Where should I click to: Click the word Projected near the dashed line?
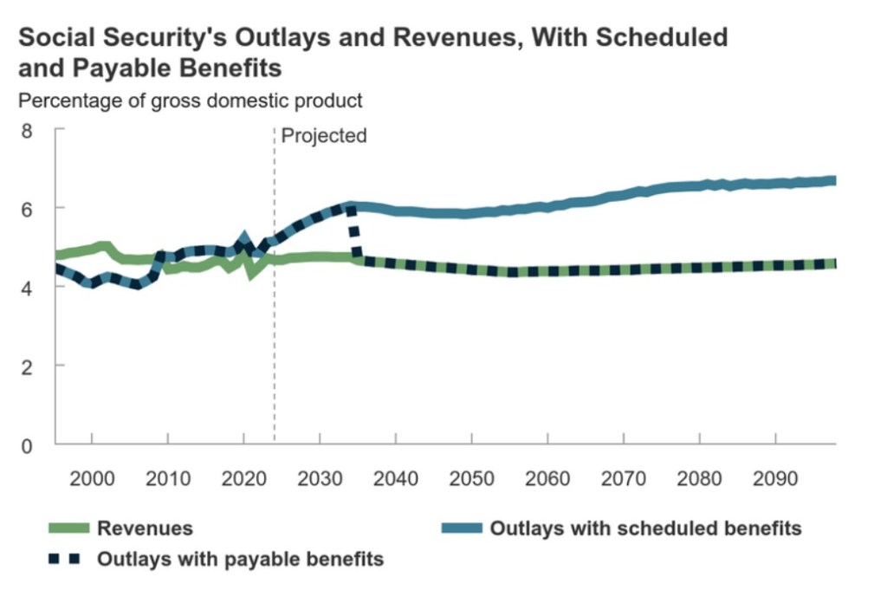(x=324, y=136)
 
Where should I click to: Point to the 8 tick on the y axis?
(x=26, y=132)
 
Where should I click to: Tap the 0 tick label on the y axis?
(x=26, y=446)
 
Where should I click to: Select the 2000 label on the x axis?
(x=92, y=479)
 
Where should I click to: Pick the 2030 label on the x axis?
(x=320, y=479)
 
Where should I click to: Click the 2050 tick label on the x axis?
(x=471, y=479)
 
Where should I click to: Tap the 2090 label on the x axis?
(x=774, y=479)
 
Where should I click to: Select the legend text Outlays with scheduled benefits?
(x=645, y=528)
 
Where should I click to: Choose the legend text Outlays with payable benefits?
(x=240, y=559)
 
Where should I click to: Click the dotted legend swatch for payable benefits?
(x=63, y=559)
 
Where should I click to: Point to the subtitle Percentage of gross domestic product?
(x=191, y=100)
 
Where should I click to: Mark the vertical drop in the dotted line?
(x=353, y=234)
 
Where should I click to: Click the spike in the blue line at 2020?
(x=243, y=237)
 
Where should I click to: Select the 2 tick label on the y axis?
(x=26, y=367)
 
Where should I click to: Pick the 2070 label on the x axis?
(x=623, y=479)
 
